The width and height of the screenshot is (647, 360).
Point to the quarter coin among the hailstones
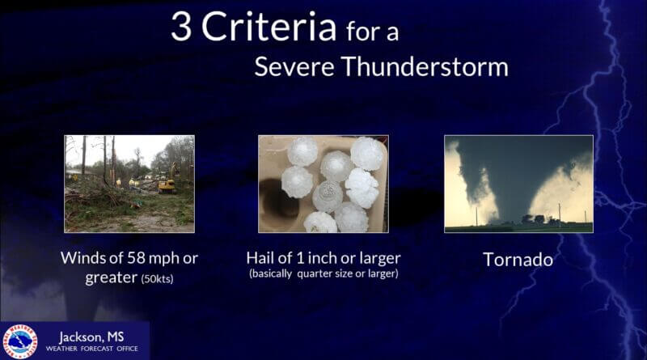[x=327, y=196]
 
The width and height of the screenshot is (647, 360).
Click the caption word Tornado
[x=518, y=260]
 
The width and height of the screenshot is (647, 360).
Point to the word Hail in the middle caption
[x=262, y=258]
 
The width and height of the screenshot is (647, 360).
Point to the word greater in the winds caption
[x=111, y=278]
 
